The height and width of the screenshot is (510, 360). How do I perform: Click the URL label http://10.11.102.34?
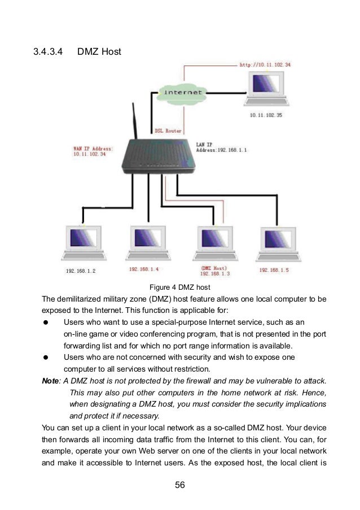[265, 65]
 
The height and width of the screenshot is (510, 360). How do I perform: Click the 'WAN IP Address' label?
[93, 148]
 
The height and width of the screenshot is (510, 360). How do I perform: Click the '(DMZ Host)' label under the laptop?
[213, 268]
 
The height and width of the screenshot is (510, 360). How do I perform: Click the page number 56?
[179, 485]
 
